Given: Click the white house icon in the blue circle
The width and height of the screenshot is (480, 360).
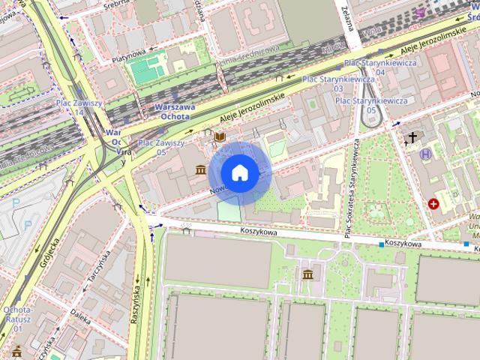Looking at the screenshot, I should (x=239, y=173).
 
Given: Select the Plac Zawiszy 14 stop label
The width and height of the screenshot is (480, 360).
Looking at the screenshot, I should (x=79, y=107).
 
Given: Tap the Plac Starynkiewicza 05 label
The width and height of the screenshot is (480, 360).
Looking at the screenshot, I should (x=371, y=105).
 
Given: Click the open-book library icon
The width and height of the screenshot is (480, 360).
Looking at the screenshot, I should (x=220, y=137).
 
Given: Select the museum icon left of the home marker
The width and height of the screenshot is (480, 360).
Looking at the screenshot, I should (x=200, y=170).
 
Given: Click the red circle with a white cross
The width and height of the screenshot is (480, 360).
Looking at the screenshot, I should (x=433, y=203).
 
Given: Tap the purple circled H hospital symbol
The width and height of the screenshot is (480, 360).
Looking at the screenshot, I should (x=426, y=154).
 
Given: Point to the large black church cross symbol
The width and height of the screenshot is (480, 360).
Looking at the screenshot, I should (x=412, y=137).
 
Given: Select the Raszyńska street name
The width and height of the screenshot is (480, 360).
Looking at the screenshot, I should (x=136, y=304).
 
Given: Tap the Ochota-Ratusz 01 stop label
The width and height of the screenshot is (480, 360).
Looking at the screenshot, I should (x=17, y=319).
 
